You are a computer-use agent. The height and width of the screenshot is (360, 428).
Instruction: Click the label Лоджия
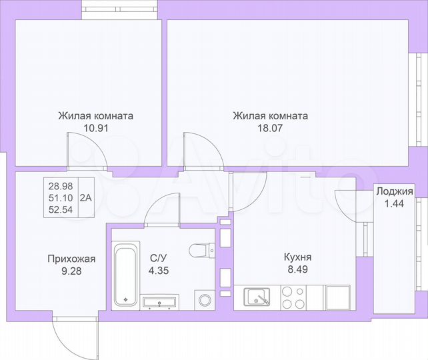[x=394, y=192]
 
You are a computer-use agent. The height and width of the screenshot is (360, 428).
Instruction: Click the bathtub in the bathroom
[x=125, y=274]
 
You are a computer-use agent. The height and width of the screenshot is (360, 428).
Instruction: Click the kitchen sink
[x=257, y=297]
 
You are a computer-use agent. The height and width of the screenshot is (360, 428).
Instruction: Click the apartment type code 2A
[x=87, y=197]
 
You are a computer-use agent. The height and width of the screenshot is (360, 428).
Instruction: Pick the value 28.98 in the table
[x=61, y=185]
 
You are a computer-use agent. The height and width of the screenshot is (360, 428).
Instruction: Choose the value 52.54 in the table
[x=61, y=209]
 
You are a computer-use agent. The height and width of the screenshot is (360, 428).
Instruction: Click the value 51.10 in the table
[x=61, y=197]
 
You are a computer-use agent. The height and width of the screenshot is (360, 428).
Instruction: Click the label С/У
[x=157, y=257]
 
